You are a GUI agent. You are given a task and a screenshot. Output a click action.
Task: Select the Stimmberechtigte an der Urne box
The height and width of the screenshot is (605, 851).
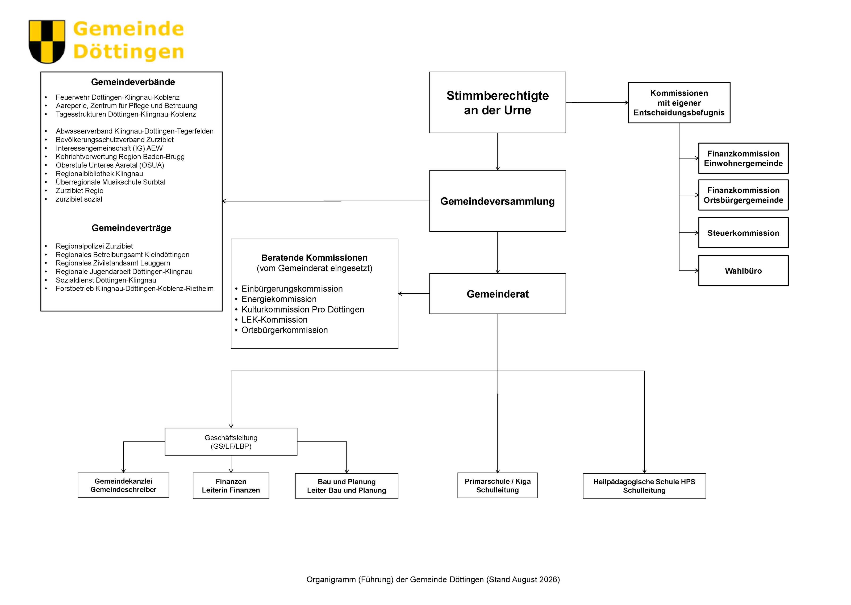pyautogui.click(x=497, y=102)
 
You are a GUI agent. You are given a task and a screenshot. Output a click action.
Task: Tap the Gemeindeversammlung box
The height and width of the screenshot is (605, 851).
pyautogui.click(x=497, y=201)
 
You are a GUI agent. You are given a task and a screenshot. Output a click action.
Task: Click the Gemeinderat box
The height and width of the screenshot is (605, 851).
pyautogui.click(x=497, y=294)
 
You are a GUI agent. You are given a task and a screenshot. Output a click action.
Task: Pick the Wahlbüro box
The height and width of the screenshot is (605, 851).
pyautogui.click(x=743, y=271)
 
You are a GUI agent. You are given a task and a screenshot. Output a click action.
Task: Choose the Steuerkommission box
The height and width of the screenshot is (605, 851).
pyautogui.click(x=743, y=233)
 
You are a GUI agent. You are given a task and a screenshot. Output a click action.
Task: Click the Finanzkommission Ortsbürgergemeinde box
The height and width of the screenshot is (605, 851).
pyautogui.click(x=743, y=195)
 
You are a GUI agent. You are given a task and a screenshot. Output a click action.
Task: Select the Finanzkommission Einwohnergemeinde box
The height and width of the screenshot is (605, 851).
pyautogui.click(x=743, y=158)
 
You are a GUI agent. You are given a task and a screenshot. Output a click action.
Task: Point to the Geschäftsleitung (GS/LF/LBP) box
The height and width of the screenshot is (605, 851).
pyautogui.click(x=231, y=442)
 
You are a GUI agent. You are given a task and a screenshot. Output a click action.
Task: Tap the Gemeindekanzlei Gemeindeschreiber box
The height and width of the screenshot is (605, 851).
pyautogui.click(x=123, y=485)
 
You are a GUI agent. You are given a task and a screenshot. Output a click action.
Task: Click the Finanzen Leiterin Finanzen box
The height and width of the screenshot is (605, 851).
pyautogui.click(x=231, y=485)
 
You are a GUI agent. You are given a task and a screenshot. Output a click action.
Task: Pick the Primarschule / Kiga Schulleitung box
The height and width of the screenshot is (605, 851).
pyautogui.click(x=498, y=485)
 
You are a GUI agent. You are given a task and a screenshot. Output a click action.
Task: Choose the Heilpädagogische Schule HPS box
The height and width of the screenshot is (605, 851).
pyautogui.click(x=644, y=486)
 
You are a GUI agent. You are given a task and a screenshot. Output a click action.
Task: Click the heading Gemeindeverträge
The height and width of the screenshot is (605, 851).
pyautogui.click(x=131, y=228)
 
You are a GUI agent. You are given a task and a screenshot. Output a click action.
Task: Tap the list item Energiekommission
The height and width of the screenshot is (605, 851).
pyautogui.click(x=279, y=299)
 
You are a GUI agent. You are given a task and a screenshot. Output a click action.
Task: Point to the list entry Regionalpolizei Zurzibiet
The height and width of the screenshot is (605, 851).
pyautogui.click(x=94, y=246)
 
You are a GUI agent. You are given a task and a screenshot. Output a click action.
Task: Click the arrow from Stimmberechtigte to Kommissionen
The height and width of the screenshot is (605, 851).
pyautogui.click(x=597, y=102)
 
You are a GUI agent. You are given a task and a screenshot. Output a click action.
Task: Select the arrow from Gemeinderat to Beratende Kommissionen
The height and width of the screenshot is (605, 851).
pyautogui.click(x=414, y=294)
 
